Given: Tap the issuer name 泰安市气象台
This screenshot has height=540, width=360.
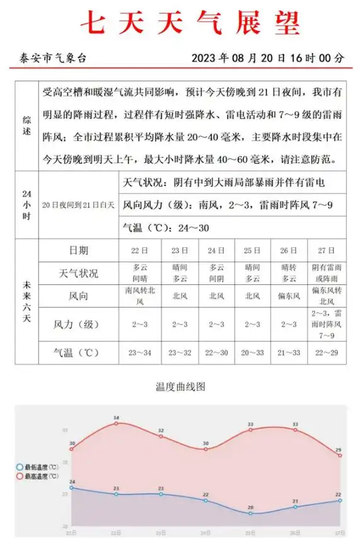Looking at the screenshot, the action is click(51, 58).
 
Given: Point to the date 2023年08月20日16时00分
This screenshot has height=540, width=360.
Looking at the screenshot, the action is click(268, 58).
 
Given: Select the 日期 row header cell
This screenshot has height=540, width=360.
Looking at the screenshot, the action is click(78, 250).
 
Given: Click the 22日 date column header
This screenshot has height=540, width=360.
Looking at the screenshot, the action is click(139, 250).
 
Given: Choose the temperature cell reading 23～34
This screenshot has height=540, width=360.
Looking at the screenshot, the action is click(139, 352).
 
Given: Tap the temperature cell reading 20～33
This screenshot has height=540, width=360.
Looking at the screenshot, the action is click(252, 352).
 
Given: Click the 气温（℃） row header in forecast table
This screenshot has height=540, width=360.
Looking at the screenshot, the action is click(78, 352).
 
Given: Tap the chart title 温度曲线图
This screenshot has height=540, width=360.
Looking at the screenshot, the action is click(180, 386).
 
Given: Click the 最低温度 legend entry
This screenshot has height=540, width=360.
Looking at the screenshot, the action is click(39, 467).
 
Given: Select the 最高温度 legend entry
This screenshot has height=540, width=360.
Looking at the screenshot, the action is click(39, 476).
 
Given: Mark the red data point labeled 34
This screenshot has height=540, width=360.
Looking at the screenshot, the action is click(116, 423).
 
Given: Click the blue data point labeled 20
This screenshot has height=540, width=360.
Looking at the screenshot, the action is click(250, 514).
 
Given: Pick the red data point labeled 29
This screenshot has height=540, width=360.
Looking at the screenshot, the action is click(340, 455).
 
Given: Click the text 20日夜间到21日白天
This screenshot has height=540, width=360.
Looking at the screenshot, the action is click(78, 205).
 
